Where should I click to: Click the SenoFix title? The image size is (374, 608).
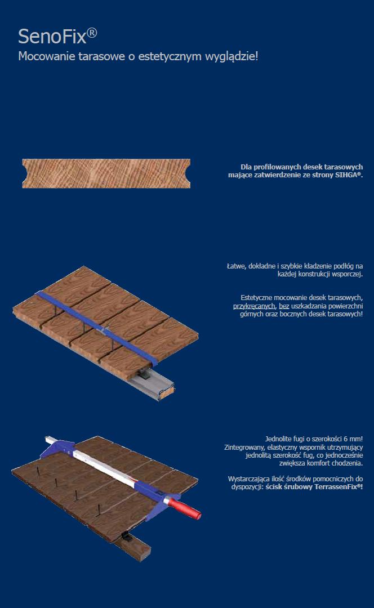click(x=57, y=36)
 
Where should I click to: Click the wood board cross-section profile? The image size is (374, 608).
click(x=106, y=173)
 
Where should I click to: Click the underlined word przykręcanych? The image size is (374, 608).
click(x=253, y=306)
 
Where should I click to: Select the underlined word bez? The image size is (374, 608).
click(x=284, y=306)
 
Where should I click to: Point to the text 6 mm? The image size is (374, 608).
click(x=353, y=439)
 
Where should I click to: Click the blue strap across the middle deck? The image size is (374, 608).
click(x=97, y=328)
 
